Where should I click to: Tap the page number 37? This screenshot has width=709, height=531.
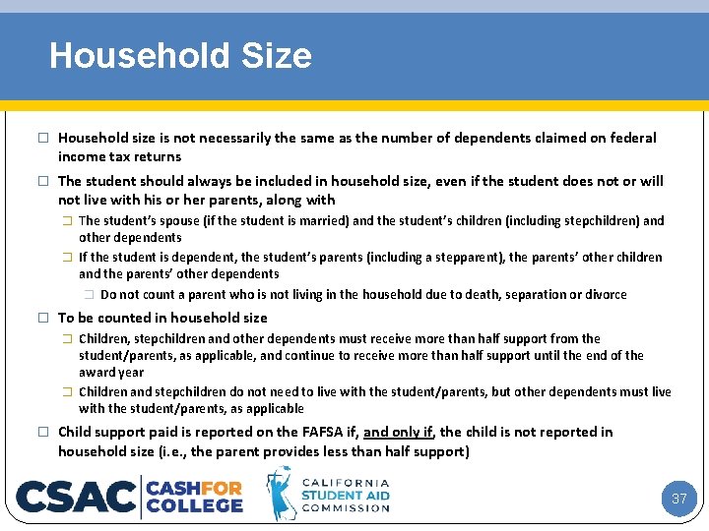(678, 499)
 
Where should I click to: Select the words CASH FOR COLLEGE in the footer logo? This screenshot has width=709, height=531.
(194, 496)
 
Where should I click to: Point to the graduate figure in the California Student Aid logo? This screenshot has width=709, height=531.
(282, 494)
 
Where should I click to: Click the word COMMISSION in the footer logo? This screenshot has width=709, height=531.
(345, 508)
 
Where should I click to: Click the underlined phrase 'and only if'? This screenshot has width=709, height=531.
(399, 432)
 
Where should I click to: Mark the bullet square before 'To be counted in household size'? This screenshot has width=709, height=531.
(42, 318)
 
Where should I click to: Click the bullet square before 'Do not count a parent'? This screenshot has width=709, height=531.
(89, 295)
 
